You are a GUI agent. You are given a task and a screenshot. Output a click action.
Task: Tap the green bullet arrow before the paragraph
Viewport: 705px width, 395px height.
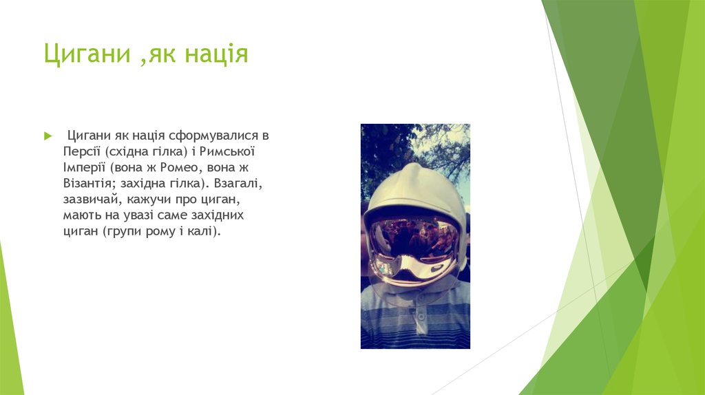(48, 134)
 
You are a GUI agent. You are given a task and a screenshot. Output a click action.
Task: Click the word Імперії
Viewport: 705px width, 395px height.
(83, 167)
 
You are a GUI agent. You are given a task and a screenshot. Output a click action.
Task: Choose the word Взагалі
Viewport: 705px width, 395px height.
(238, 184)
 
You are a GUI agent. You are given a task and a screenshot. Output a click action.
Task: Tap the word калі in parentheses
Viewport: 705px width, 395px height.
(202, 232)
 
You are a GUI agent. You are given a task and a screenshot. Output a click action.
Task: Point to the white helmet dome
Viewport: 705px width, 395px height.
(415, 186)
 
